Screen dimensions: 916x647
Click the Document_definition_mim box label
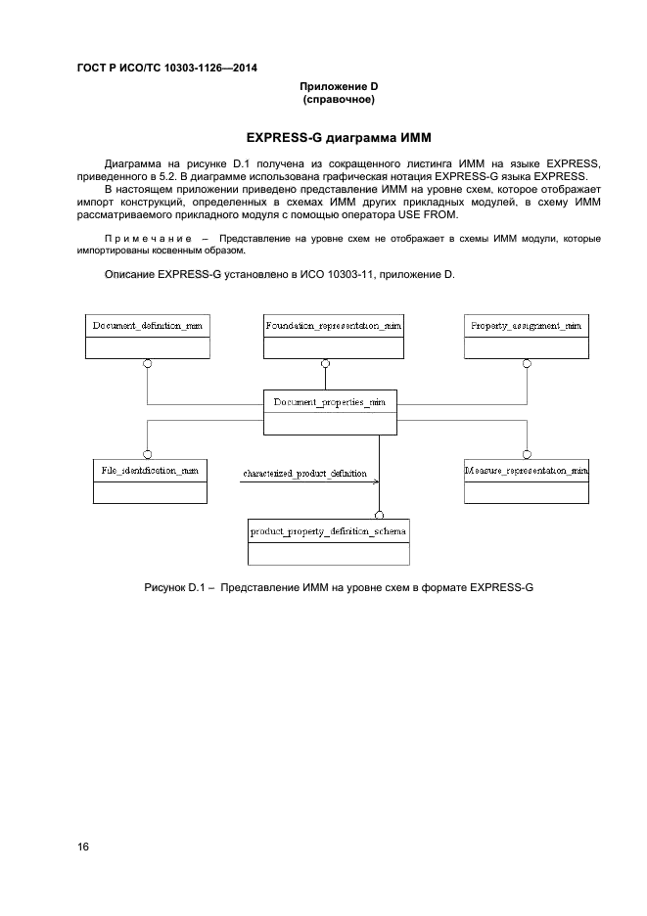point(147,326)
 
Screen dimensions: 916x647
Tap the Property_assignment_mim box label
point(526,326)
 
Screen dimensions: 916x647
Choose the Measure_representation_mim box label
point(526,471)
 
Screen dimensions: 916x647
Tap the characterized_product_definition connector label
point(304,474)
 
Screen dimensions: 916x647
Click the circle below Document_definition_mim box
point(148,364)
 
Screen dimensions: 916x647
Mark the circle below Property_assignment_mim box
point(526,364)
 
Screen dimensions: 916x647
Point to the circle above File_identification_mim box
point(148,453)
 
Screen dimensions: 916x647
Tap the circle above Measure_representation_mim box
point(526,453)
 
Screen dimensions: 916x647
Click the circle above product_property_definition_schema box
point(380,514)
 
